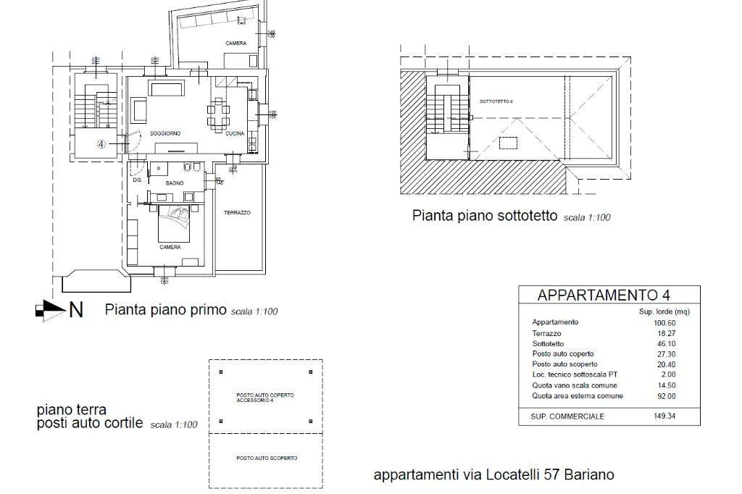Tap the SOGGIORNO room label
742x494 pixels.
point(165,134)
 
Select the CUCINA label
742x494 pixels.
point(235,134)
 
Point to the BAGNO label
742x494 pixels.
point(174,183)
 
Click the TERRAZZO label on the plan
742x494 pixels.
point(237,212)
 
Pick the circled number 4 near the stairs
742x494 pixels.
point(101,144)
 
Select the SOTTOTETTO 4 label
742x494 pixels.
point(496,101)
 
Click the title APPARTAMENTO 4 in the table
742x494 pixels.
point(603,295)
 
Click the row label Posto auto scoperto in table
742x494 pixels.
point(564,364)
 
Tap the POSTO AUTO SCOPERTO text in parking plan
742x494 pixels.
point(267,459)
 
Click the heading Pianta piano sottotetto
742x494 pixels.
point(485,216)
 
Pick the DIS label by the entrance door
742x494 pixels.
point(136,180)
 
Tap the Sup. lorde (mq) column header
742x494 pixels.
point(663,311)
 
